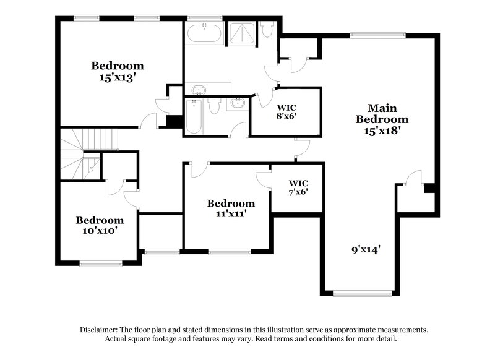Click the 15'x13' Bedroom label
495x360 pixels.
pyautogui.click(x=118, y=71)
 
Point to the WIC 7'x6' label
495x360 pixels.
pyautogui.click(x=298, y=187)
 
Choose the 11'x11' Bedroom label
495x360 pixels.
pyautogui.click(x=230, y=208)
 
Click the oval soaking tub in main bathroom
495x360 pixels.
pyautogui.click(x=204, y=33)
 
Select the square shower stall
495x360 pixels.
pyautogui.click(x=241, y=33)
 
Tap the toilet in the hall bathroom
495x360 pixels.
pyautogui.click(x=215, y=106)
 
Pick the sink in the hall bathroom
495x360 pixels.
pyautogui.click(x=237, y=103)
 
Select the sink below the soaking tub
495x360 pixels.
pyautogui.click(x=199, y=90)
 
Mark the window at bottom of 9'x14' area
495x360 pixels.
pyautogui.click(x=362, y=293)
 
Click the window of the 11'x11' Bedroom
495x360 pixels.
pyautogui.click(x=229, y=252)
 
